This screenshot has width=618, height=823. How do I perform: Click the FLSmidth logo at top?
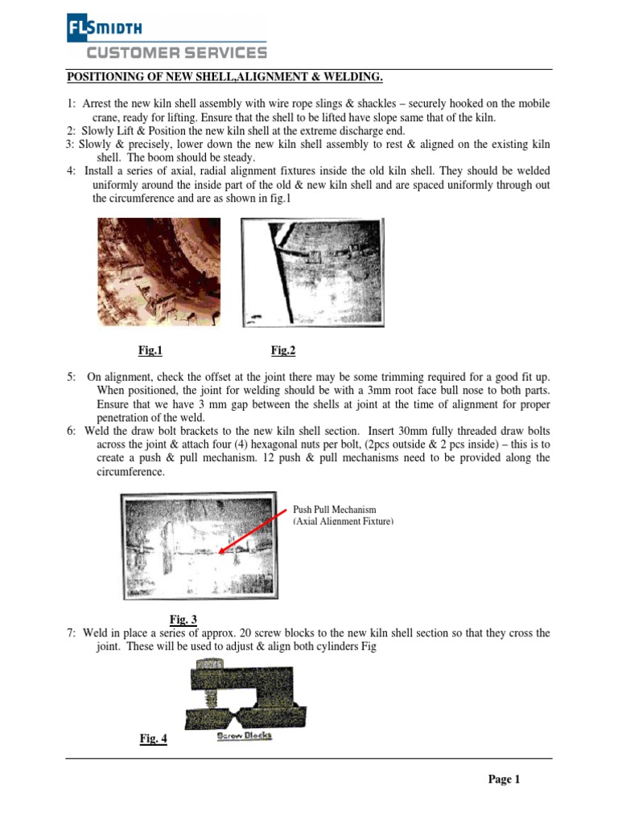coord(104,30)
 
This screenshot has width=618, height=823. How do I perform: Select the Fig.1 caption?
coord(150,350)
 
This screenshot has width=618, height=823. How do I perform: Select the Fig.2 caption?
coord(284,350)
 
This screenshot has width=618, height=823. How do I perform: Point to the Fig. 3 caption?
coord(184,619)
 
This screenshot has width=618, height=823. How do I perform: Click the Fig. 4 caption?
coord(153,739)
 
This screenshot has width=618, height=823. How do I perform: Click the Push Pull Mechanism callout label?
coord(342,516)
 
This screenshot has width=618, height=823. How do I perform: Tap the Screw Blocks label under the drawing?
coord(245,736)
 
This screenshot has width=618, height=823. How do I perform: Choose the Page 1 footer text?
coord(505,780)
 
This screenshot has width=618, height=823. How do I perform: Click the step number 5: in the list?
coord(72,377)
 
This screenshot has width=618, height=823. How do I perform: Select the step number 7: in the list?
coord(72,633)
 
